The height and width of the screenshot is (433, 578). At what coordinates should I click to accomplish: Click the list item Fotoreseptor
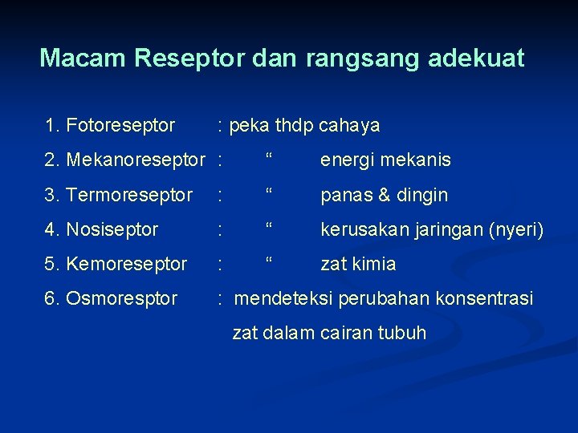[x=120, y=126]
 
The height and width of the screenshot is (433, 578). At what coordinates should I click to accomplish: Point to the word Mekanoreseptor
[x=137, y=160]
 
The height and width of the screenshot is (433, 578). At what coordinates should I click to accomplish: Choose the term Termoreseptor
[x=129, y=195]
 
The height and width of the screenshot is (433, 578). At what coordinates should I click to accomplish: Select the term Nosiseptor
[x=112, y=229]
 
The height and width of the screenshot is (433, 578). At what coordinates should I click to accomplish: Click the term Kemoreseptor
[x=126, y=264]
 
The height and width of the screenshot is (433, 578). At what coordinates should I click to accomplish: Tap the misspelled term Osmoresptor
[x=121, y=298]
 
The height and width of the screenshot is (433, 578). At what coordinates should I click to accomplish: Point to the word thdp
[x=294, y=126]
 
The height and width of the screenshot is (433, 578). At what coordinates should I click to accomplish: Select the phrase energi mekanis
[x=385, y=160]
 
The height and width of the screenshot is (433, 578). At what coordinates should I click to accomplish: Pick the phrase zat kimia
[x=358, y=264]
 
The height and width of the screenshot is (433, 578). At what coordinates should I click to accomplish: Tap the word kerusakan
[x=364, y=229]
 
